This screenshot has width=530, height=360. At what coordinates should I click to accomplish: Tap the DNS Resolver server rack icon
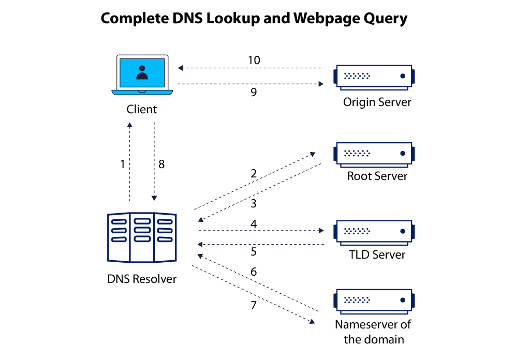142,237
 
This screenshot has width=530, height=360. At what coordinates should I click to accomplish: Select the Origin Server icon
374,77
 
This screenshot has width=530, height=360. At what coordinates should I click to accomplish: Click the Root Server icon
374,154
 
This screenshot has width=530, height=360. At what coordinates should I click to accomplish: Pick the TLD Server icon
374,232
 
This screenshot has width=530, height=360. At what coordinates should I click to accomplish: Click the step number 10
254,60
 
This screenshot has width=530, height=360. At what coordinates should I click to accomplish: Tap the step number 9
254,93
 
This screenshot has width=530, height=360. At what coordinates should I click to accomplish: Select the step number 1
123,164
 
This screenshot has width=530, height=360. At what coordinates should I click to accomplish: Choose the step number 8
161,164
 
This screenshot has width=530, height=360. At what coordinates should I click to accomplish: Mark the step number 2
254,173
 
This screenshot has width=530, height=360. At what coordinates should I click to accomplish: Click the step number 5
254,252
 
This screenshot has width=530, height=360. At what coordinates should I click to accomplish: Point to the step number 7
254,305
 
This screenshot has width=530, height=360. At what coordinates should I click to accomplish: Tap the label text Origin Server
377,102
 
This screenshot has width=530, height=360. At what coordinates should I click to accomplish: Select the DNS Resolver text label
142,279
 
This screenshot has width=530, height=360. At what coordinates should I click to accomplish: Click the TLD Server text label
377,254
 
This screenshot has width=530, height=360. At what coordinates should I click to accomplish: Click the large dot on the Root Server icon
402,153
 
